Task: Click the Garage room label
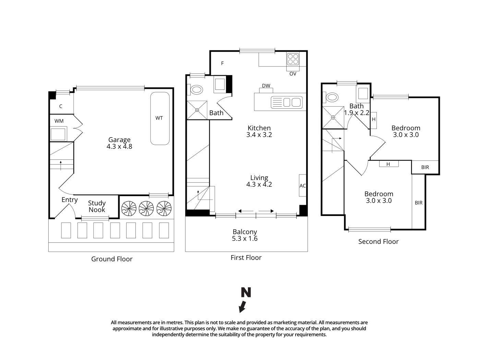[x=119, y=140]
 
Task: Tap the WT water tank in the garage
[x=159, y=118]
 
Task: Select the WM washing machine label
[x=59, y=121]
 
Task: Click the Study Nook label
[x=97, y=206]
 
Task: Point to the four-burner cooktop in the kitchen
[x=293, y=59]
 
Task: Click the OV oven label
[x=293, y=74]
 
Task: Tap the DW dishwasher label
[x=266, y=86]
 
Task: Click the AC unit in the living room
[x=302, y=185]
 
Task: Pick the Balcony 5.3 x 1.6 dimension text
[x=245, y=239]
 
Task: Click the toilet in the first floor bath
[x=196, y=90]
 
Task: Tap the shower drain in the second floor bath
[x=333, y=117]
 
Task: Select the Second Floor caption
[x=378, y=242]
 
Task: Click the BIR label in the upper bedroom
[x=425, y=167]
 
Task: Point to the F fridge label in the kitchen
[x=223, y=63]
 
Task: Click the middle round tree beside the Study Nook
[x=146, y=208]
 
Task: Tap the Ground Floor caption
[x=112, y=259]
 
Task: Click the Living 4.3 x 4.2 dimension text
[x=259, y=184]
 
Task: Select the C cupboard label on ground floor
[x=61, y=106]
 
